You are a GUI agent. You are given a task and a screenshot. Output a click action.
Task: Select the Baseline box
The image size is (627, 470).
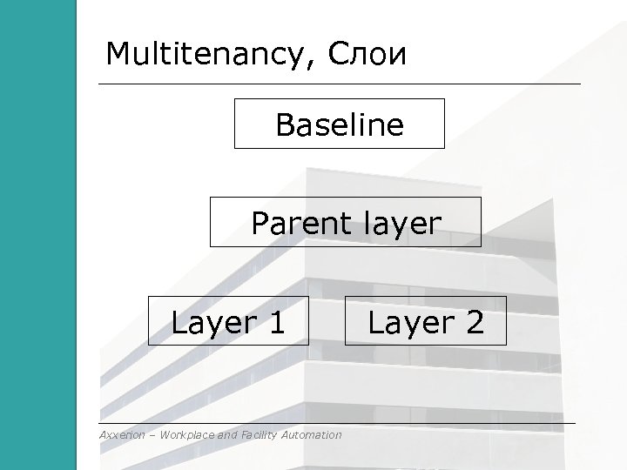(x=340, y=124)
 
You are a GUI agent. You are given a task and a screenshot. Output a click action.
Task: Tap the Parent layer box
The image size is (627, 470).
(x=345, y=222)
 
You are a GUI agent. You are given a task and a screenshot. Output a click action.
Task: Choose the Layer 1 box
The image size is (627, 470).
(x=228, y=321)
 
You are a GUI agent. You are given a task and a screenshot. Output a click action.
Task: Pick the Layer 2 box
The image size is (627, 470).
(x=424, y=321)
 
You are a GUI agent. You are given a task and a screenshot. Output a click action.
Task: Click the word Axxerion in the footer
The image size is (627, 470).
(x=122, y=434)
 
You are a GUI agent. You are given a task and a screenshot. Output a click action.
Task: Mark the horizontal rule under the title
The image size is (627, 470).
(x=340, y=84)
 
